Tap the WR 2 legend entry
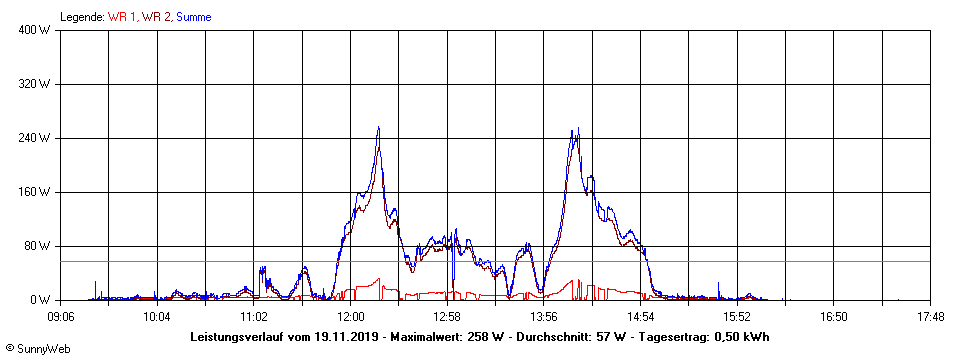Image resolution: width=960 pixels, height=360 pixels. coord(156,17)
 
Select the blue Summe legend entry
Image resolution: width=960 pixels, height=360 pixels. coord(194,17)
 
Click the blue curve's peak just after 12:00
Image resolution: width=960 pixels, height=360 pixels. coord(378,128)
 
